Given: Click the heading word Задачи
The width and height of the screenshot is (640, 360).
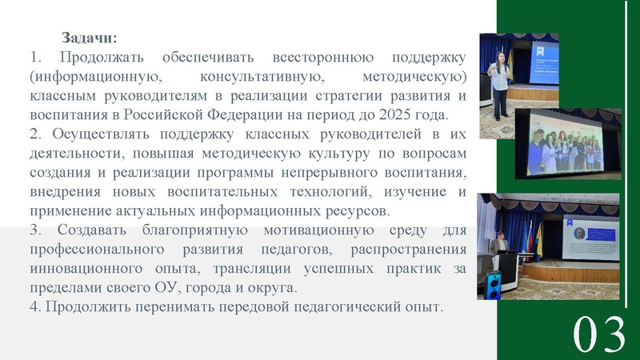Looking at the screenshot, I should click(89, 38).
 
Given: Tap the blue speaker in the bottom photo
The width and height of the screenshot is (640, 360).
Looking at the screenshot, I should click(494, 282).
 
